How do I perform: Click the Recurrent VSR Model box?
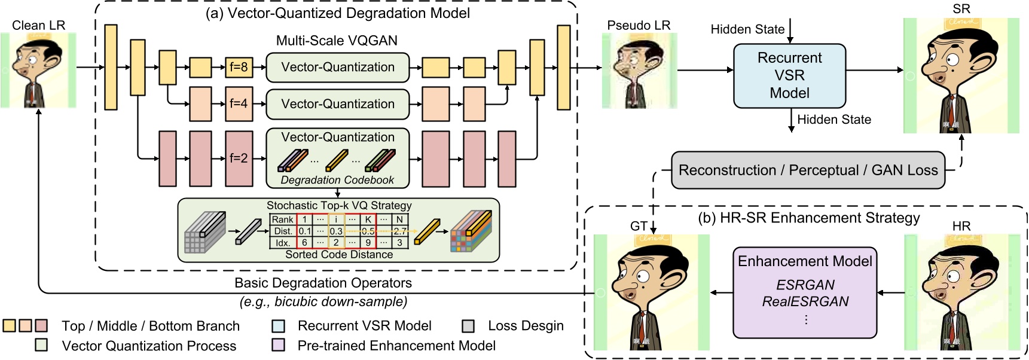click(x=789, y=76)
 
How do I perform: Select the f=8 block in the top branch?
click(x=239, y=67)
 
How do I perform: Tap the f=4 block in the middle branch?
click(x=239, y=103)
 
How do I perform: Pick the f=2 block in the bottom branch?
click(x=239, y=158)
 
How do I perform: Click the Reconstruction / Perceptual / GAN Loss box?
click(x=808, y=170)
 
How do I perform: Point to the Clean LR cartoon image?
click(x=38, y=70)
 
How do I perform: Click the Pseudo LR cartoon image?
click(x=639, y=71)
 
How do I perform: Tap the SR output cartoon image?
click(x=961, y=75)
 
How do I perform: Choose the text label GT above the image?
click(x=639, y=226)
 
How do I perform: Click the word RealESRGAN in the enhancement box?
click(x=805, y=301)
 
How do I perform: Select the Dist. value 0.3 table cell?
click(x=336, y=231)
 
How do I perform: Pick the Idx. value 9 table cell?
click(x=368, y=242)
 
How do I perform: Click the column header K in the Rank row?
click(x=368, y=219)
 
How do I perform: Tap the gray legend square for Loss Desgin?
click(x=468, y=326)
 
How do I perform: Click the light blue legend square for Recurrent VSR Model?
click(x=278, y=326)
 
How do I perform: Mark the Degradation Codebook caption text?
click(x=337, y=180)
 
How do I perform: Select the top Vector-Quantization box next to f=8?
click(x=337, y=68)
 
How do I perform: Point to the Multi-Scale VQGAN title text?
click(x=337, y=41)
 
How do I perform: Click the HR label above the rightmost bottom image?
click(x=961, y=226)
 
